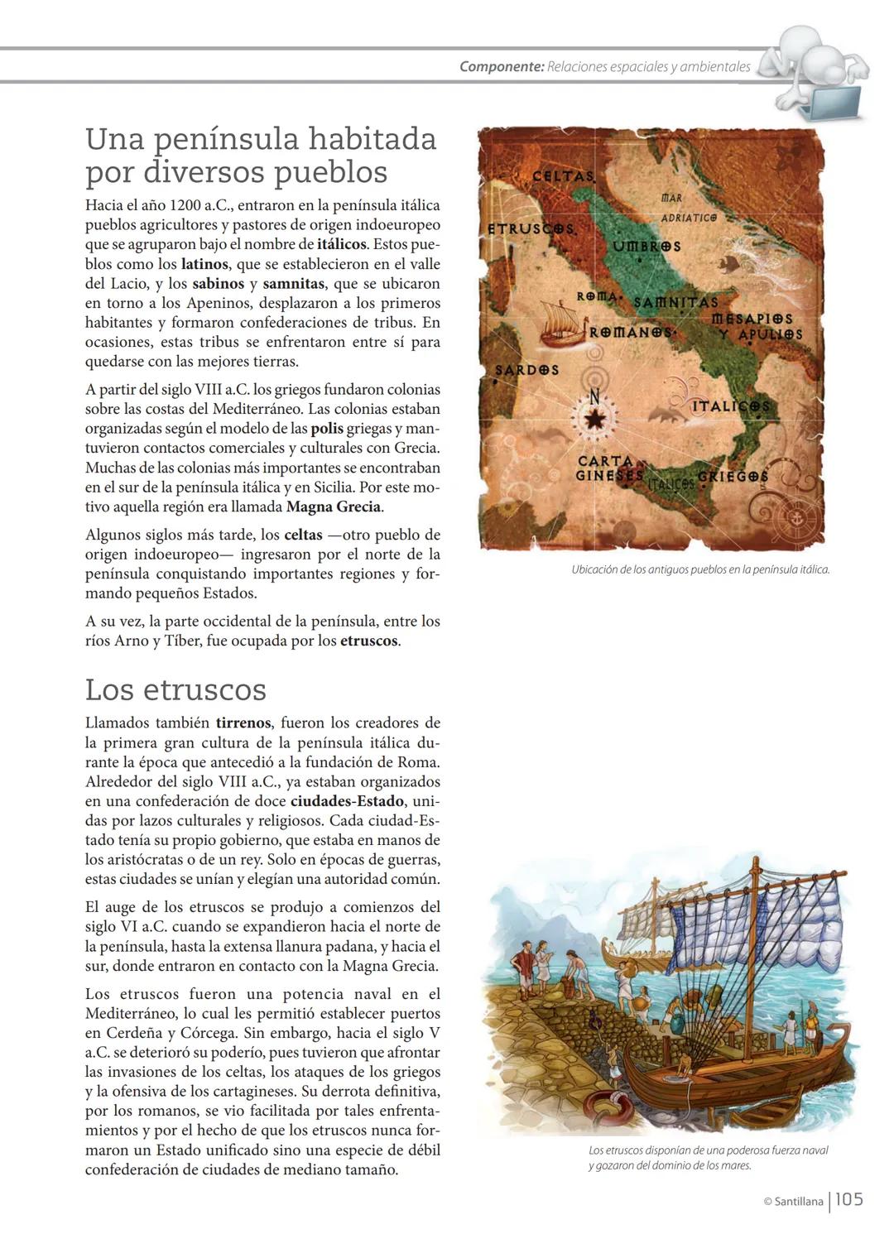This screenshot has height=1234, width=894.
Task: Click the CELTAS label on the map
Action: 563,176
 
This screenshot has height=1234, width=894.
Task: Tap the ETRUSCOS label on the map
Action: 530,228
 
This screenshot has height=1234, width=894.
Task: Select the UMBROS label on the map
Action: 646,246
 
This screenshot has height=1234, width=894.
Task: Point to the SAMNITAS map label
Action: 675,303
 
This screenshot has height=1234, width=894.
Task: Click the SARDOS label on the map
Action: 526,370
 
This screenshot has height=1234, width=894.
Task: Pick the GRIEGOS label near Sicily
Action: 733,477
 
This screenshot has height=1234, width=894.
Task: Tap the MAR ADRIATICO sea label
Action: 687,208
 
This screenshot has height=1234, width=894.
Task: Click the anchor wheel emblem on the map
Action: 792,519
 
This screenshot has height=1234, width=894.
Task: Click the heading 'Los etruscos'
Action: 175,689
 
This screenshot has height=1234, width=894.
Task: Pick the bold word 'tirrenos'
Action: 243,723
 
